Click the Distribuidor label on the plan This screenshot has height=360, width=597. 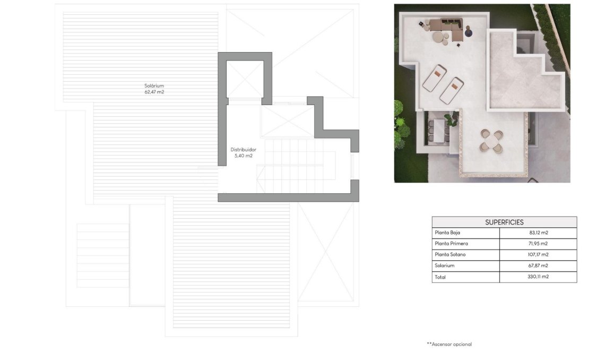point(243,150)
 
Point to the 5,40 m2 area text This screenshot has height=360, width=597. point(243,156)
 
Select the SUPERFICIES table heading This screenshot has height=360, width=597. point(504,222)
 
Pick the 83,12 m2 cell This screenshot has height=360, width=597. point(538,233)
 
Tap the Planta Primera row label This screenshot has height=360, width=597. point(451,244)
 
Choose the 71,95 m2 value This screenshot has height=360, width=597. point(538,244)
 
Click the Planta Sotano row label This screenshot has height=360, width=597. point(451,255)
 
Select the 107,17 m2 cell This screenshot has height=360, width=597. point(538,255)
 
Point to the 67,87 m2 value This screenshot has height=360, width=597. point(538,265)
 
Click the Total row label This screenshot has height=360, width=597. point(440,277)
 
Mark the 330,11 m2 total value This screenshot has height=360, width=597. point(538,277)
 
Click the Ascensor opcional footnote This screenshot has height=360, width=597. point(449,344)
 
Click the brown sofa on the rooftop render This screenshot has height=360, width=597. point(446,26)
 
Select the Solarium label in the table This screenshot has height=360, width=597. point(444,265)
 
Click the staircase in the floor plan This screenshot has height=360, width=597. point(295,167)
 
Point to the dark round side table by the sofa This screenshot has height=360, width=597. point(469,33)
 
